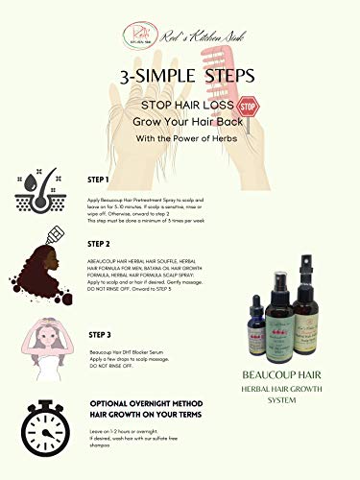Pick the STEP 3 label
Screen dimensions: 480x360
[101, 335]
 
